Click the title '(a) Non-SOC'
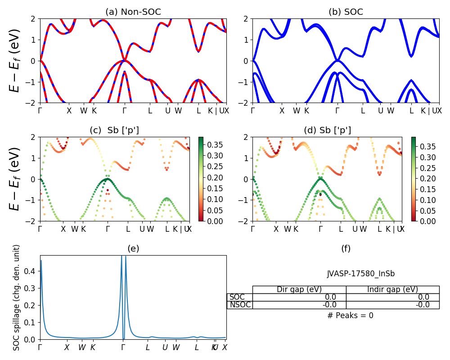[x=133, y=12]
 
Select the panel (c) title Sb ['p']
[x=114, y=130]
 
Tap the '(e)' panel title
[x=133, y=248]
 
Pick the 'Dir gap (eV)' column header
[x=299, y=289]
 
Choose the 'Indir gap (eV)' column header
[x=392, y=289]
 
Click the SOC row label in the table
[x=237, y=297]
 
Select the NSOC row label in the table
[x=240, y=305]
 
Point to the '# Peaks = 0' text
[x=350, y=315]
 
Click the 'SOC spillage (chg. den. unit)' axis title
[x=17, y=297]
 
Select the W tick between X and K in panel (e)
[x=82, y=347]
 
